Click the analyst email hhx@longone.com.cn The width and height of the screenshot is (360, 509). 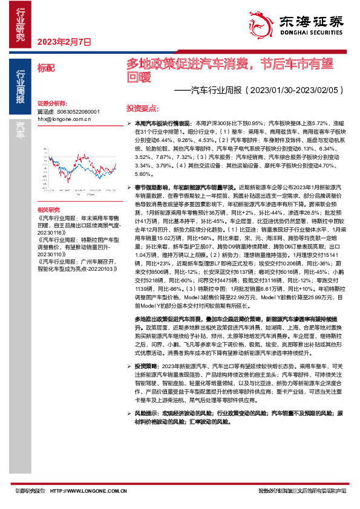(64, 120)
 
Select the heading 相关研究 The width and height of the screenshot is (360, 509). (49, 208)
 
